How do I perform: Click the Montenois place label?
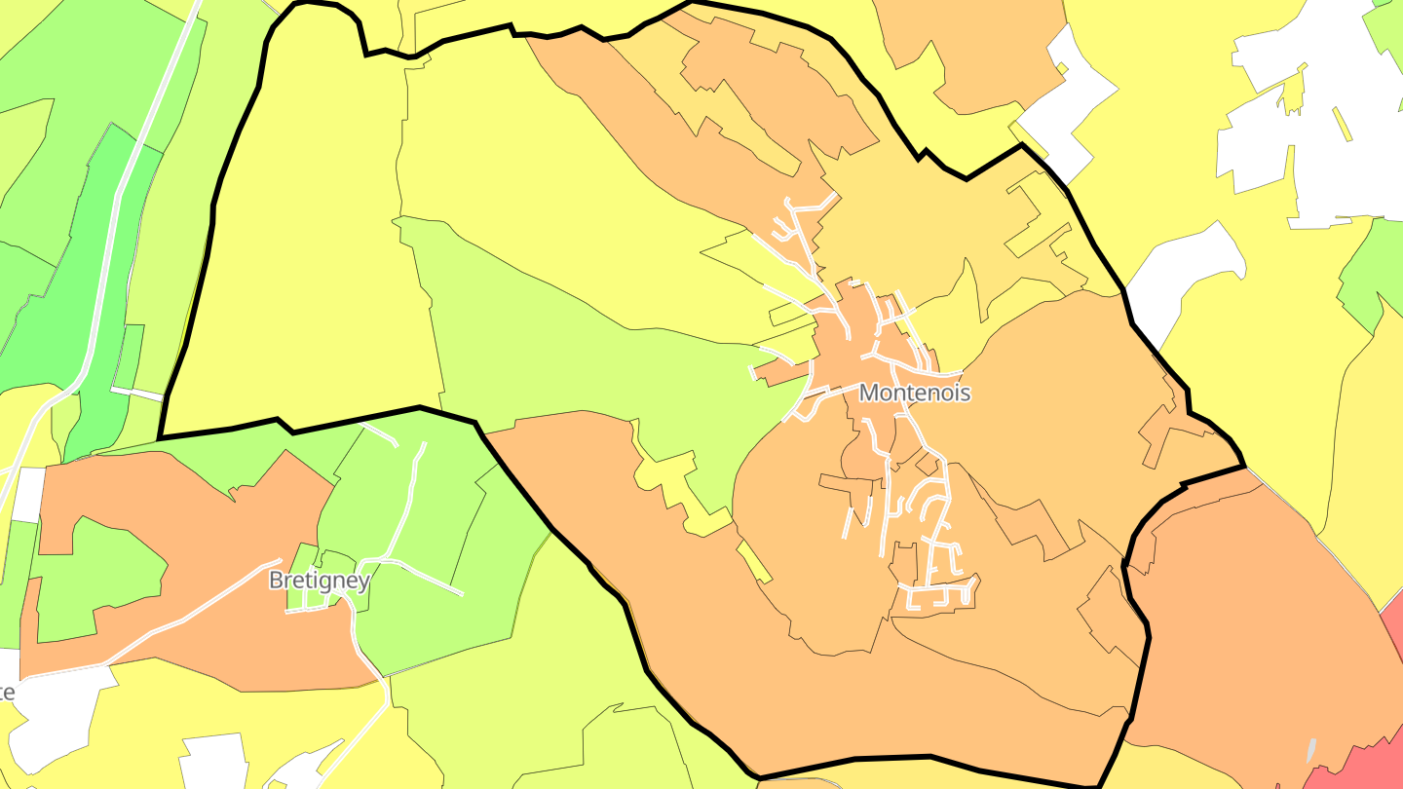[x=915, y=393]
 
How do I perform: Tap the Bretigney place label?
[x=319, y=581]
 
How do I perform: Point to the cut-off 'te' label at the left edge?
[x=6, y=692]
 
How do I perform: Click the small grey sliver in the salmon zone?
[x=1311, y=750]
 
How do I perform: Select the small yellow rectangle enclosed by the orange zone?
[x=754, y=562]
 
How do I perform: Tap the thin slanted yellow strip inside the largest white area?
[x=1342, y=124]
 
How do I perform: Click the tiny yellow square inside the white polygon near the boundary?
[x=1062, y=68]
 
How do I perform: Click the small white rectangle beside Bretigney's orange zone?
[x=28, y=494]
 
